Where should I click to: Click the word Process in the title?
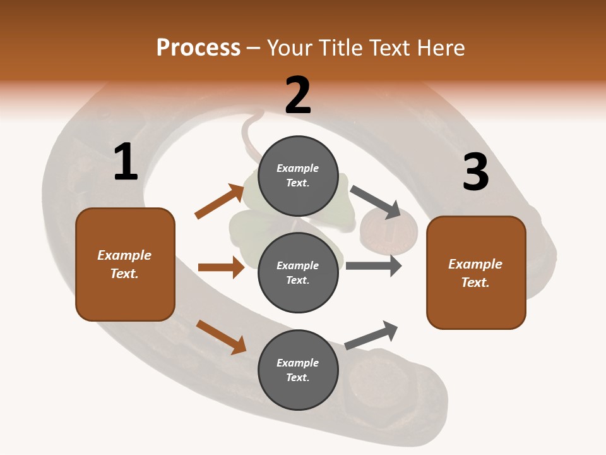(198, 47)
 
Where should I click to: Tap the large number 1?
(126, 163)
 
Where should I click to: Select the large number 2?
(298, 96)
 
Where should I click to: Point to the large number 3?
(475, 173)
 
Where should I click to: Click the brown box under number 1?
(125, 264)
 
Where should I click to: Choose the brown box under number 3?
(476, 273)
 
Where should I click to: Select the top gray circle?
(298, 176)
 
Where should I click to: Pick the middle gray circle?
(298, 273)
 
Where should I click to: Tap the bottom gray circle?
(298, 370)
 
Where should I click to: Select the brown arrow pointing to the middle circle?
(221, 267)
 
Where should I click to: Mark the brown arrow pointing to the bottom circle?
(221, 336)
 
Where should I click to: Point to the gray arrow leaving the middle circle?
(374, 265)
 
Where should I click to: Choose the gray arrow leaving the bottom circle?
(372, 336)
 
